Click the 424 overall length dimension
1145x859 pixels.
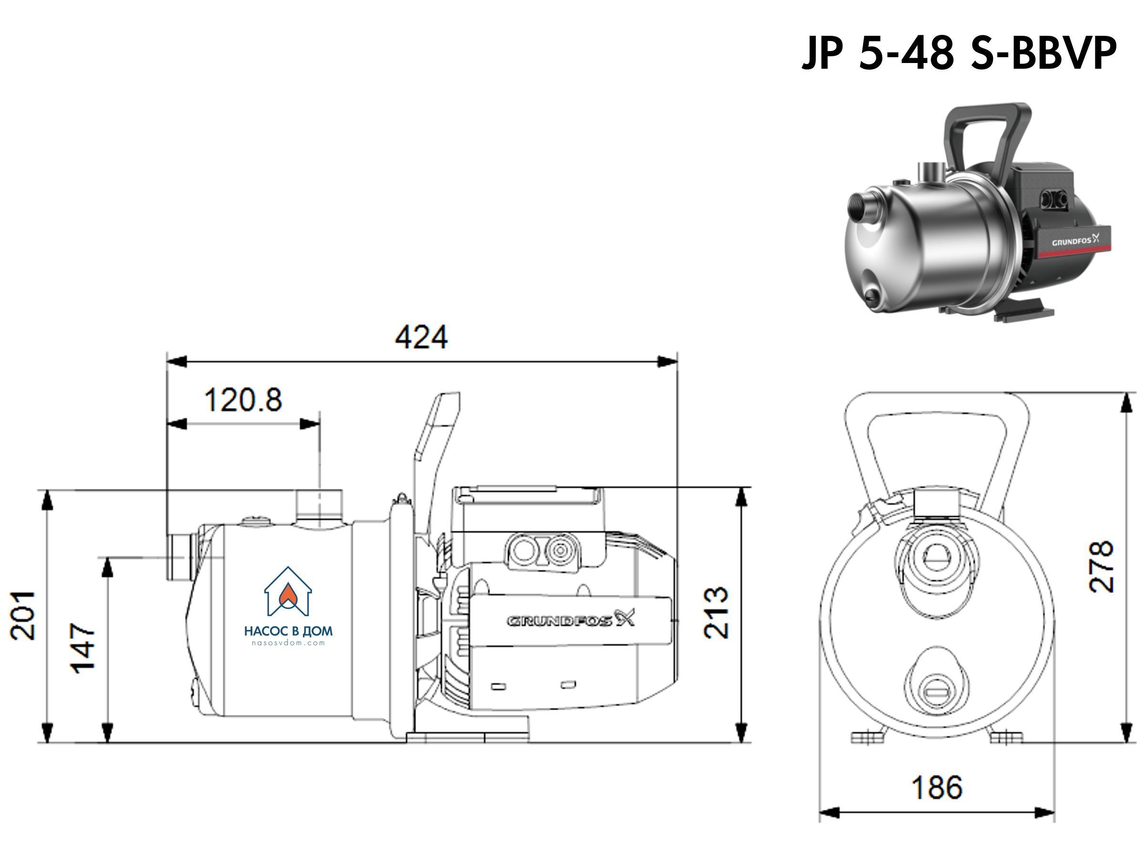click(421, 337)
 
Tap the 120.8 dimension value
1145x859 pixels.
click(243, 400)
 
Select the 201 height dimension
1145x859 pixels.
click(24, 616)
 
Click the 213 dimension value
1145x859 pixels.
click(717, 613)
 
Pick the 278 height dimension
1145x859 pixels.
click(1101, 567)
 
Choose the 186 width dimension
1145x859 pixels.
click(937, 787)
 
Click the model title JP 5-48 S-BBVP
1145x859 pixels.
click(958, 53)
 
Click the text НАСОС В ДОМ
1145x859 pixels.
click(288, 631)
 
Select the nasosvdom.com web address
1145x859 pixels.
click(288, 643)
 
